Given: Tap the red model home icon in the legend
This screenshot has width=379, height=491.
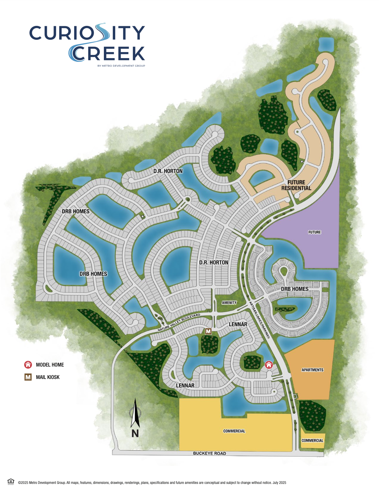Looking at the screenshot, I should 28,365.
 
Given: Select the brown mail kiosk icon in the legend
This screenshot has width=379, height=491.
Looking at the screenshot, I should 28,377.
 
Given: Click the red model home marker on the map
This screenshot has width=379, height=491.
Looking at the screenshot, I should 269,365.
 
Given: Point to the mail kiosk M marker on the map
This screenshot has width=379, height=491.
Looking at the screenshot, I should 208,331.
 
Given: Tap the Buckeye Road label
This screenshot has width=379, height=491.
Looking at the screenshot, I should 209,453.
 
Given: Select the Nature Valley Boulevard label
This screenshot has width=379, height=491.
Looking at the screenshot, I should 179,323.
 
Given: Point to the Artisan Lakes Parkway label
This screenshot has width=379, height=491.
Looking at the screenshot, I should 260,320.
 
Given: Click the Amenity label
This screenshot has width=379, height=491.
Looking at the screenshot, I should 229,303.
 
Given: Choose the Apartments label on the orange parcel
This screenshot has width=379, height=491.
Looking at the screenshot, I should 312,370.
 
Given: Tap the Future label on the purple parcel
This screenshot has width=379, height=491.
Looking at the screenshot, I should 314,232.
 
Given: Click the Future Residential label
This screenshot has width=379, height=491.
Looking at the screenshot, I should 296,185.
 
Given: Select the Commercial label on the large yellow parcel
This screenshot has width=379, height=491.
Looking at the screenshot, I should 234,431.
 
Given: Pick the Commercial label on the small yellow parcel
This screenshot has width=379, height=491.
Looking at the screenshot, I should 312,441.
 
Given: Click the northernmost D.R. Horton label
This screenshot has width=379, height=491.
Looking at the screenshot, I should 168,171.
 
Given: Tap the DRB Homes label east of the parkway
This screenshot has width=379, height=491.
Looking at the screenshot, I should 295,289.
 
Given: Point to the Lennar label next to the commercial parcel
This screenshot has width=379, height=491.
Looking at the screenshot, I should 185,385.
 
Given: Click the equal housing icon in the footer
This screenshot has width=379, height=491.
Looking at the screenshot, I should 11,481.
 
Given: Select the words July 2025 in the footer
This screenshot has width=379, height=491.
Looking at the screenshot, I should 279,483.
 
